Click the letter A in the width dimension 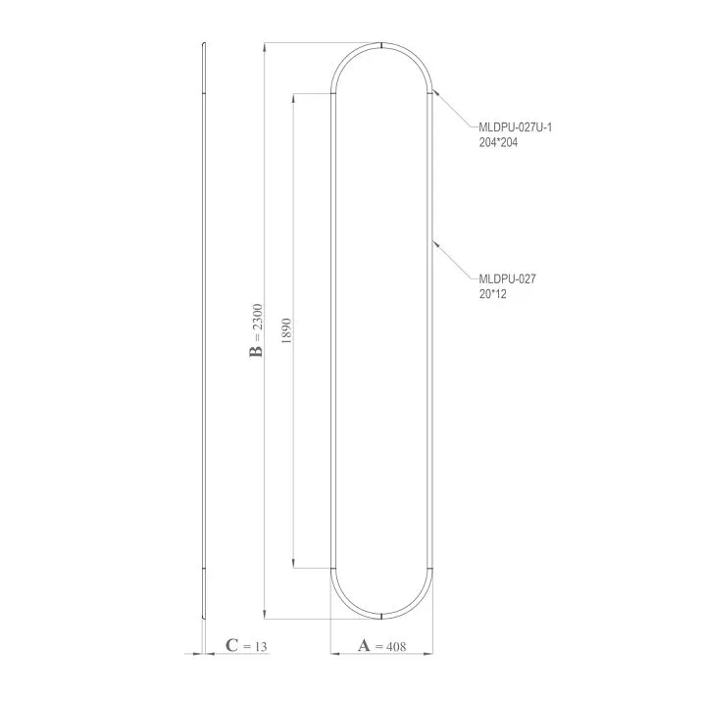click(x=364, y=645)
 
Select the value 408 click(x=396, y=646)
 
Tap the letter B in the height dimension click(x=257, y=351)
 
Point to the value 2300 click(x=257, y=317)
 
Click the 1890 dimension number click(x=286, y=330)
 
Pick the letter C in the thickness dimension click(x=232, y=645)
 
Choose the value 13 click(x=261, y=647)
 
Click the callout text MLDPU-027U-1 click(x=516, y=127)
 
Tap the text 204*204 click(x=498, y=142)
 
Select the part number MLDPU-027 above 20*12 click(x=507, y=278)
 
